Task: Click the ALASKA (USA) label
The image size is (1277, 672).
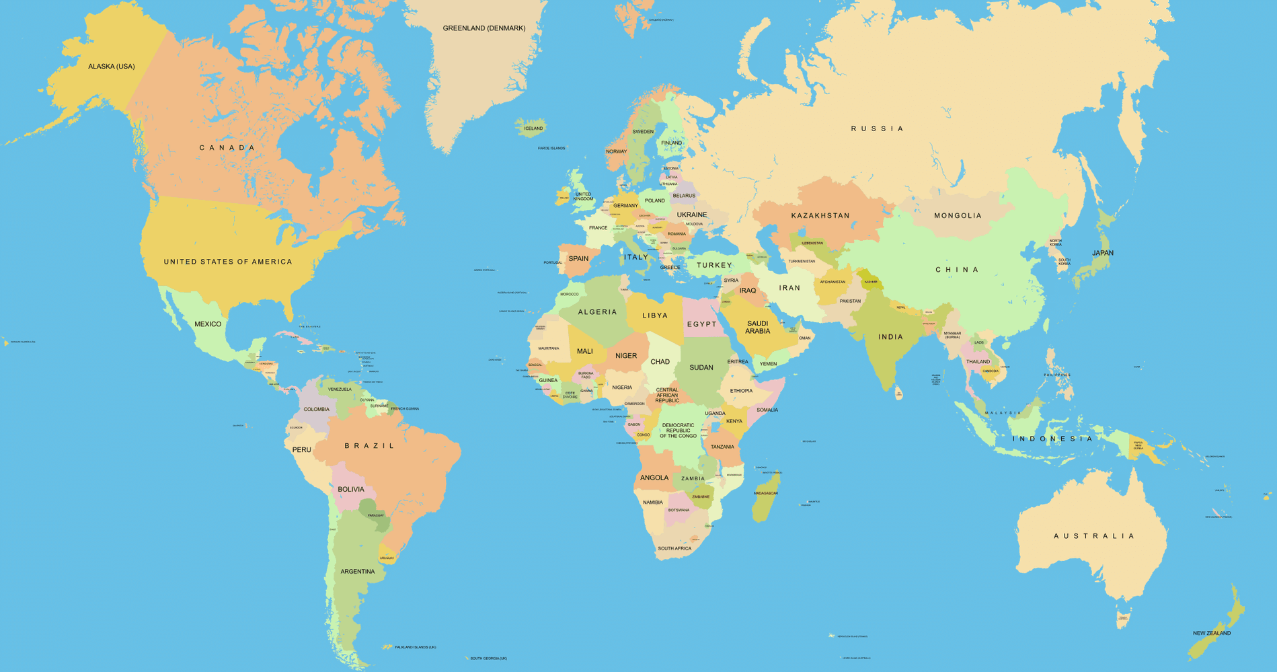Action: click(112, 67)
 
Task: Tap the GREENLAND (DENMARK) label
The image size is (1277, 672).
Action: click(483, 28)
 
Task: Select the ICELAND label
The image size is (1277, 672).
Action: click(533, 128)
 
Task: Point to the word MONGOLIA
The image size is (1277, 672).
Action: click(958, 216)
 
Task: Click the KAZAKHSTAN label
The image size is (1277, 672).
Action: click(820, 216)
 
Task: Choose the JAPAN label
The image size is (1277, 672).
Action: click(1103, 253)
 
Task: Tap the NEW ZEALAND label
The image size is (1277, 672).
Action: click(1212, 633)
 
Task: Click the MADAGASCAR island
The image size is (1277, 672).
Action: click(765, 494)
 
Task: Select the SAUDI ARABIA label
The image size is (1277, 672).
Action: click(757, 328)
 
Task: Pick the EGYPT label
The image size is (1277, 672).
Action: click(702, 324)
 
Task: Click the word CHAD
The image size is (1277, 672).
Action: click(660, 362)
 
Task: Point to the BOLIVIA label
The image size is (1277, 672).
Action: click(351, 490)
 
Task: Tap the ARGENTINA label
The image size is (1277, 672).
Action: click(358, 572)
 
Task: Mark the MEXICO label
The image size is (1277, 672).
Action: click(208, 324)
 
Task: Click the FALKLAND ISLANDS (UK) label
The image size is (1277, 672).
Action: click(415, 647)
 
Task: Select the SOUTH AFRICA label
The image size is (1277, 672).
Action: click(674, 549)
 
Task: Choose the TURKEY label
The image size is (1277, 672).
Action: click(714, 265)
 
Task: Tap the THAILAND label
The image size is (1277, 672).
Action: click(978, 362)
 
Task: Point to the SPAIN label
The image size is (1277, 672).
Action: click(578, 258)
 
